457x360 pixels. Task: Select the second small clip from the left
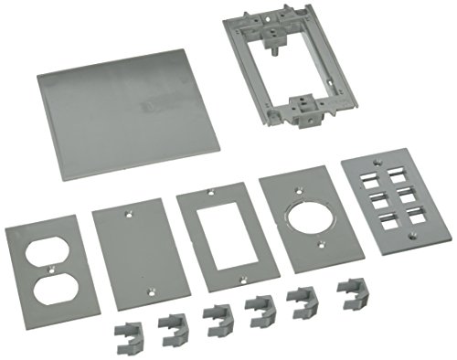tap(172, 324)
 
